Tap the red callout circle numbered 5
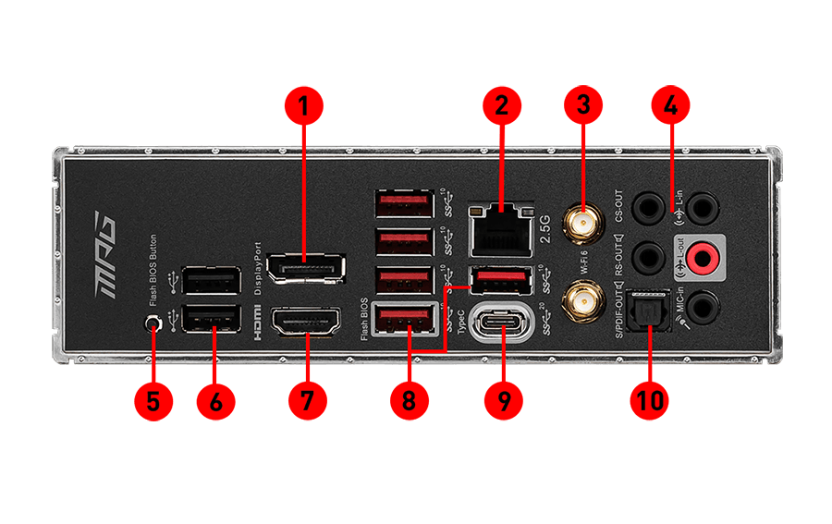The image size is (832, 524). (153, 402)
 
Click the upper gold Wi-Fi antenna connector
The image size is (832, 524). (581, 223)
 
